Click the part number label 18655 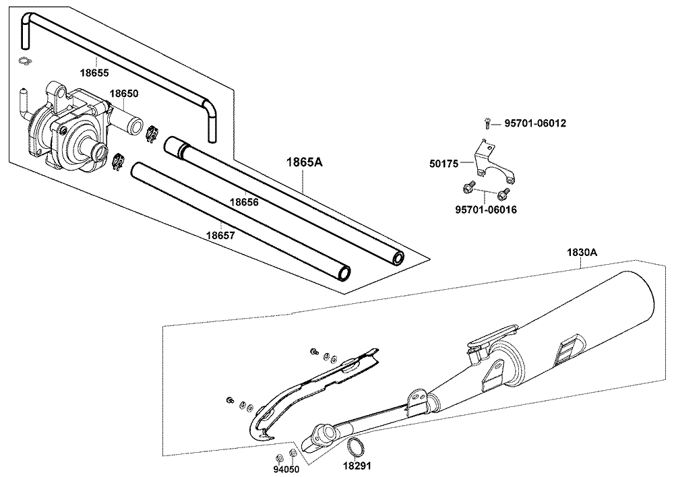95,71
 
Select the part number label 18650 124,94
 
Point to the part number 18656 243,201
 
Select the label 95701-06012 535,123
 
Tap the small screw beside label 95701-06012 487,123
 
